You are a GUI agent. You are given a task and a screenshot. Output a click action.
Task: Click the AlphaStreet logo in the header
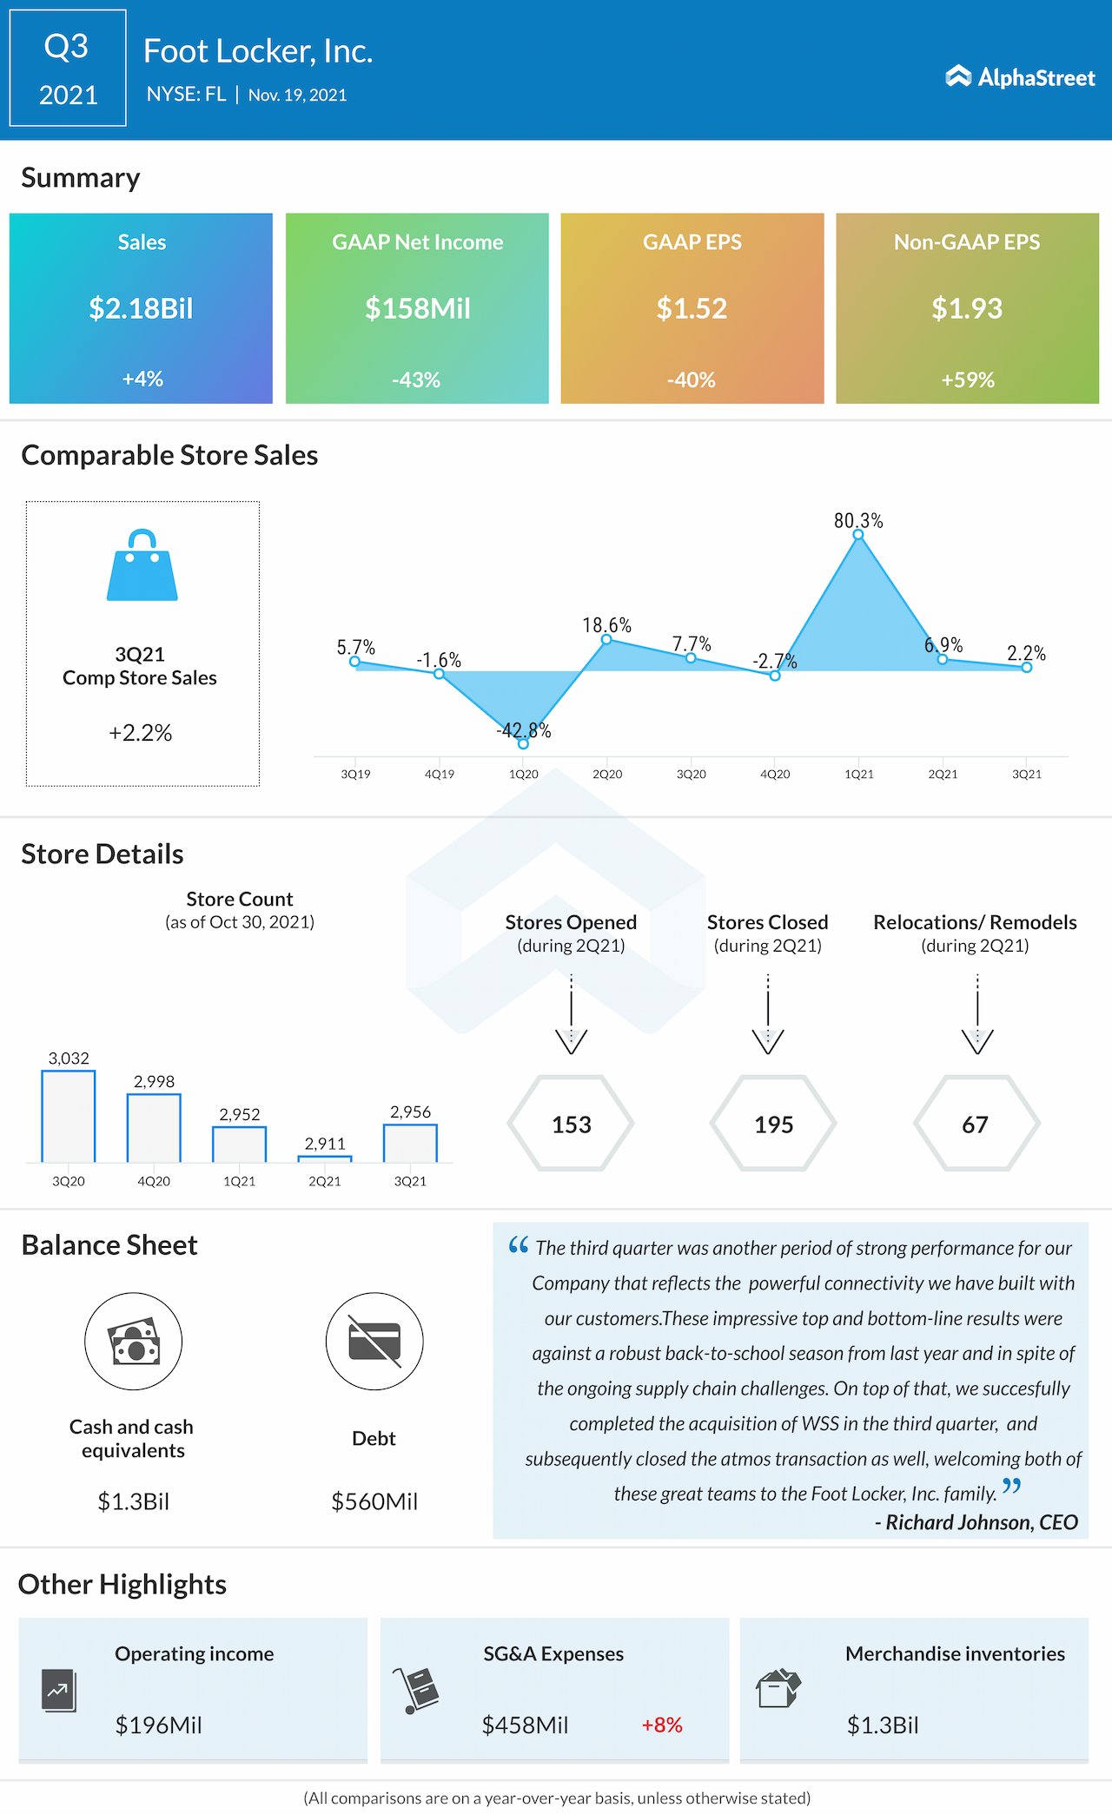tap(1020, 77)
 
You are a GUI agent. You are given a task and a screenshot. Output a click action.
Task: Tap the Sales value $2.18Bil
tap(141, 308)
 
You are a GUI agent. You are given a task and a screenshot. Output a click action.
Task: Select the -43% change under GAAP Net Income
tap(416, 379)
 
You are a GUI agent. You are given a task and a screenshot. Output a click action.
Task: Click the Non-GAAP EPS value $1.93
tap(967, 308)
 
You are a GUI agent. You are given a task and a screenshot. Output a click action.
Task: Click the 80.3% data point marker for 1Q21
tap(858, 535)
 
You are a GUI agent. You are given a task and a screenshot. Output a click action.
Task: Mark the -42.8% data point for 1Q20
tap(523, 743)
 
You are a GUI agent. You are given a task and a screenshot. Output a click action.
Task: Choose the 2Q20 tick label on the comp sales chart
tap(607, 774)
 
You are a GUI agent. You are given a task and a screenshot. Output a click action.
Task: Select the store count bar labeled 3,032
tap(69, 1116)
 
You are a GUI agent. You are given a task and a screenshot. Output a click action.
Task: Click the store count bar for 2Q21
tap(325, 1158)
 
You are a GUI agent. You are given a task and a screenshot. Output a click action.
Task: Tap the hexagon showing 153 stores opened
tap(571, 1124)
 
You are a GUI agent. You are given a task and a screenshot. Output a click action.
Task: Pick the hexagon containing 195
tap(773, 1124)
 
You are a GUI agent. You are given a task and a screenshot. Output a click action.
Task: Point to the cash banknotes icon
tap(134, 1342)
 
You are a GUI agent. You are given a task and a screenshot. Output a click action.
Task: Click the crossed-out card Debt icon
tap(374, 1342)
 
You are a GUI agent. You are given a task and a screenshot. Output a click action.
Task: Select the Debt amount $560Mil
tap(374, 1501)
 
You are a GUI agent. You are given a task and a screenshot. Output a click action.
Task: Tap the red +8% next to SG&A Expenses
tap(662, 1725)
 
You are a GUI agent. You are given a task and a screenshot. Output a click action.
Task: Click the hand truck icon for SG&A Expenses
tap(417, 1690)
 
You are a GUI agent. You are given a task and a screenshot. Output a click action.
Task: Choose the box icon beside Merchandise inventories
tap(778, 1688)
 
